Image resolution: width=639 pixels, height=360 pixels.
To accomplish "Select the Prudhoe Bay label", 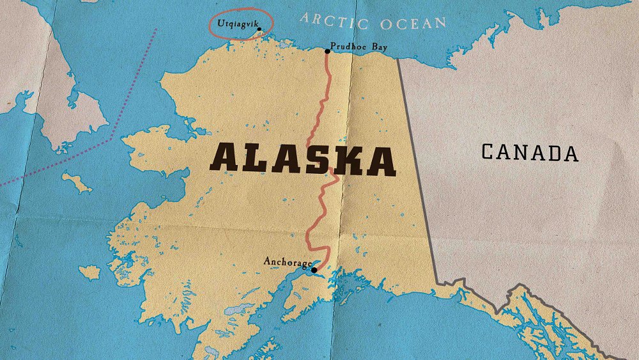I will click(x=358, y=47).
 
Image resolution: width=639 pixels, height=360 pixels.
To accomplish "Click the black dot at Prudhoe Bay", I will click(x=327, y=51).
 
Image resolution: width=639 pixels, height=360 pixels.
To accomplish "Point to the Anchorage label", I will click(x=288, y=262).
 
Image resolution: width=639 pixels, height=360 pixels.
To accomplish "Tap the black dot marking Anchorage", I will click(x=314, y=270).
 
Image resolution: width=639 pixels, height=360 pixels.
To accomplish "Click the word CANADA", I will click(x=530, y=152).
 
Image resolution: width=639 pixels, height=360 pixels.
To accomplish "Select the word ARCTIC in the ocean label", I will click(x=334, y=20).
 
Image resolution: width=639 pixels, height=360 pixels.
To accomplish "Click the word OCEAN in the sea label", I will click(x=413, y=24).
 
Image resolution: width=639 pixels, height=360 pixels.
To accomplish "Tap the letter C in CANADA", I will click(x=488, y=152).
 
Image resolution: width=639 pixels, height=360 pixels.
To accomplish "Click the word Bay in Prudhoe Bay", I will click(x=378, y=47).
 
